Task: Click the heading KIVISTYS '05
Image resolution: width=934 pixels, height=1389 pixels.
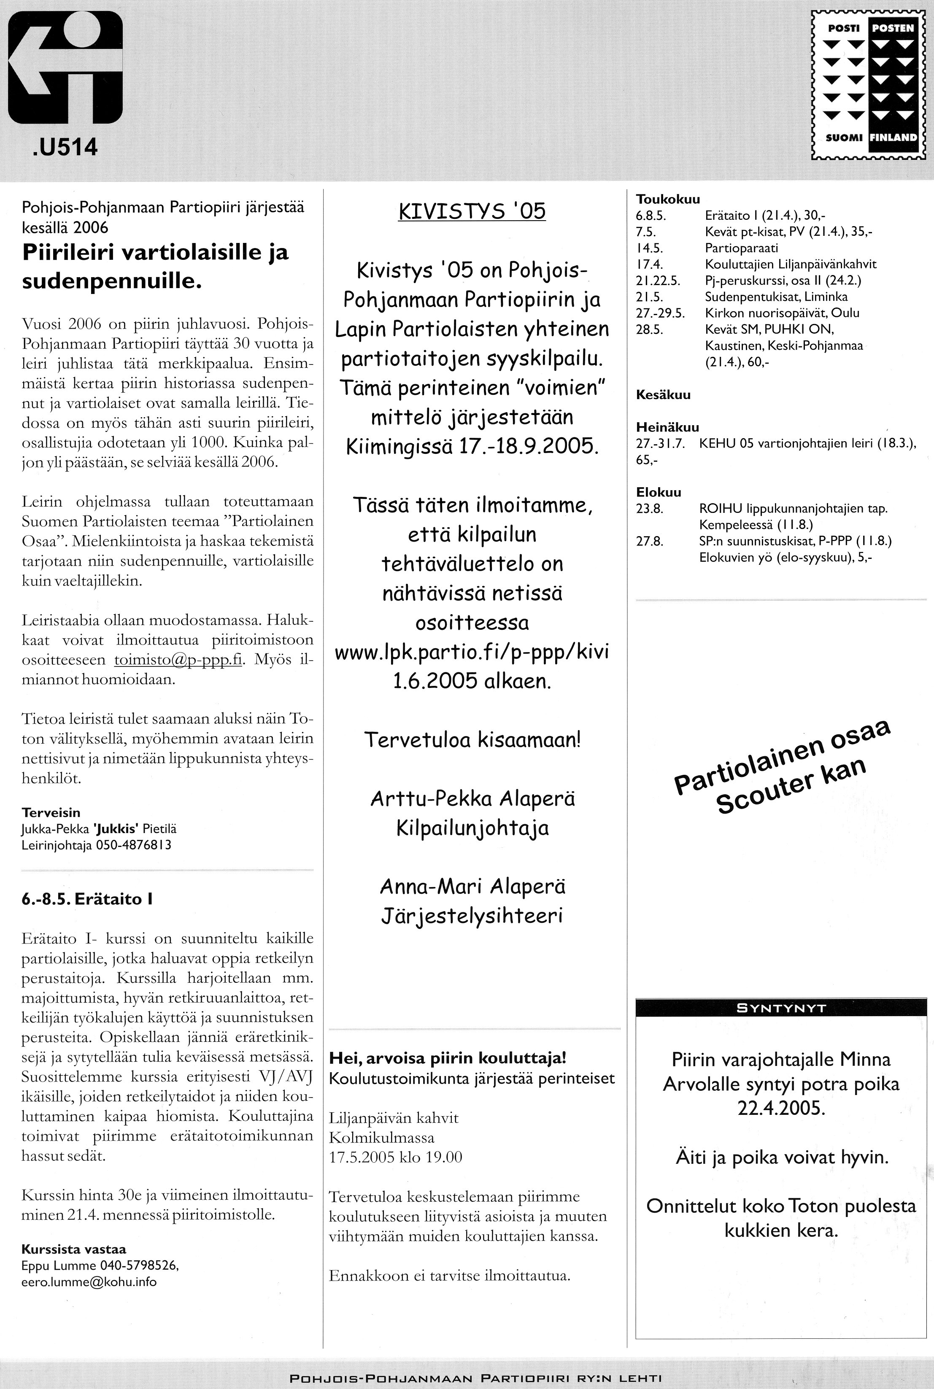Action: coord(471,211)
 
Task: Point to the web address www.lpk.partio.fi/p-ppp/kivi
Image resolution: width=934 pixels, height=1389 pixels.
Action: coord(471,652)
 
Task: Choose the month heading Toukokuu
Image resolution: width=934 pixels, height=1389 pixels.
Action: coord(668,200)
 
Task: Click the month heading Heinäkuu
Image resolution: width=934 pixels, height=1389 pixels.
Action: coord(667,427)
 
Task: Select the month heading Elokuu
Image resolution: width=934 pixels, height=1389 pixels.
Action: coord(658,492)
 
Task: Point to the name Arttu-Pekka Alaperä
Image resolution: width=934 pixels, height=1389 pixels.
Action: coord(472,799)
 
